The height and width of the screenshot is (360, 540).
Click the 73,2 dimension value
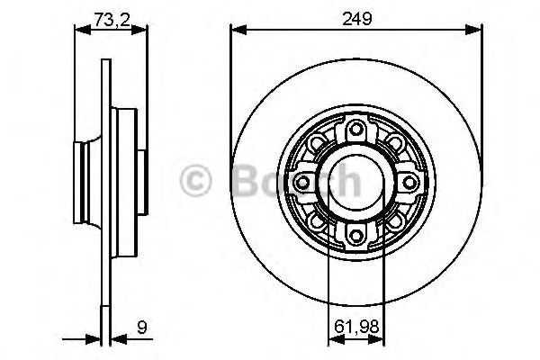pos(110,15)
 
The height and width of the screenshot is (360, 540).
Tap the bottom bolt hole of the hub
pos(356,236)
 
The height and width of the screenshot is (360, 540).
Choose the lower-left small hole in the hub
pos(317,220)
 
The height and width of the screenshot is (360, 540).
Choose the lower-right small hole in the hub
pos(396,220)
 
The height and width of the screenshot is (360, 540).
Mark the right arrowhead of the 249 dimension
pos(476,30)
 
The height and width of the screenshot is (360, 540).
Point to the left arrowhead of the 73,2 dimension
pos(78,30)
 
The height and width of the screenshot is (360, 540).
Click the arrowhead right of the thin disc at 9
pos(116,339)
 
